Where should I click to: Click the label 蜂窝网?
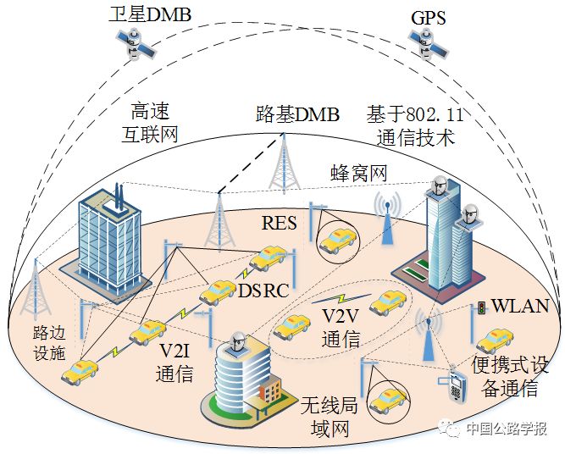point(358,174)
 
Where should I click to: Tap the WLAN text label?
point(520,306)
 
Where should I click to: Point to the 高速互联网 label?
point(153,123)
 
